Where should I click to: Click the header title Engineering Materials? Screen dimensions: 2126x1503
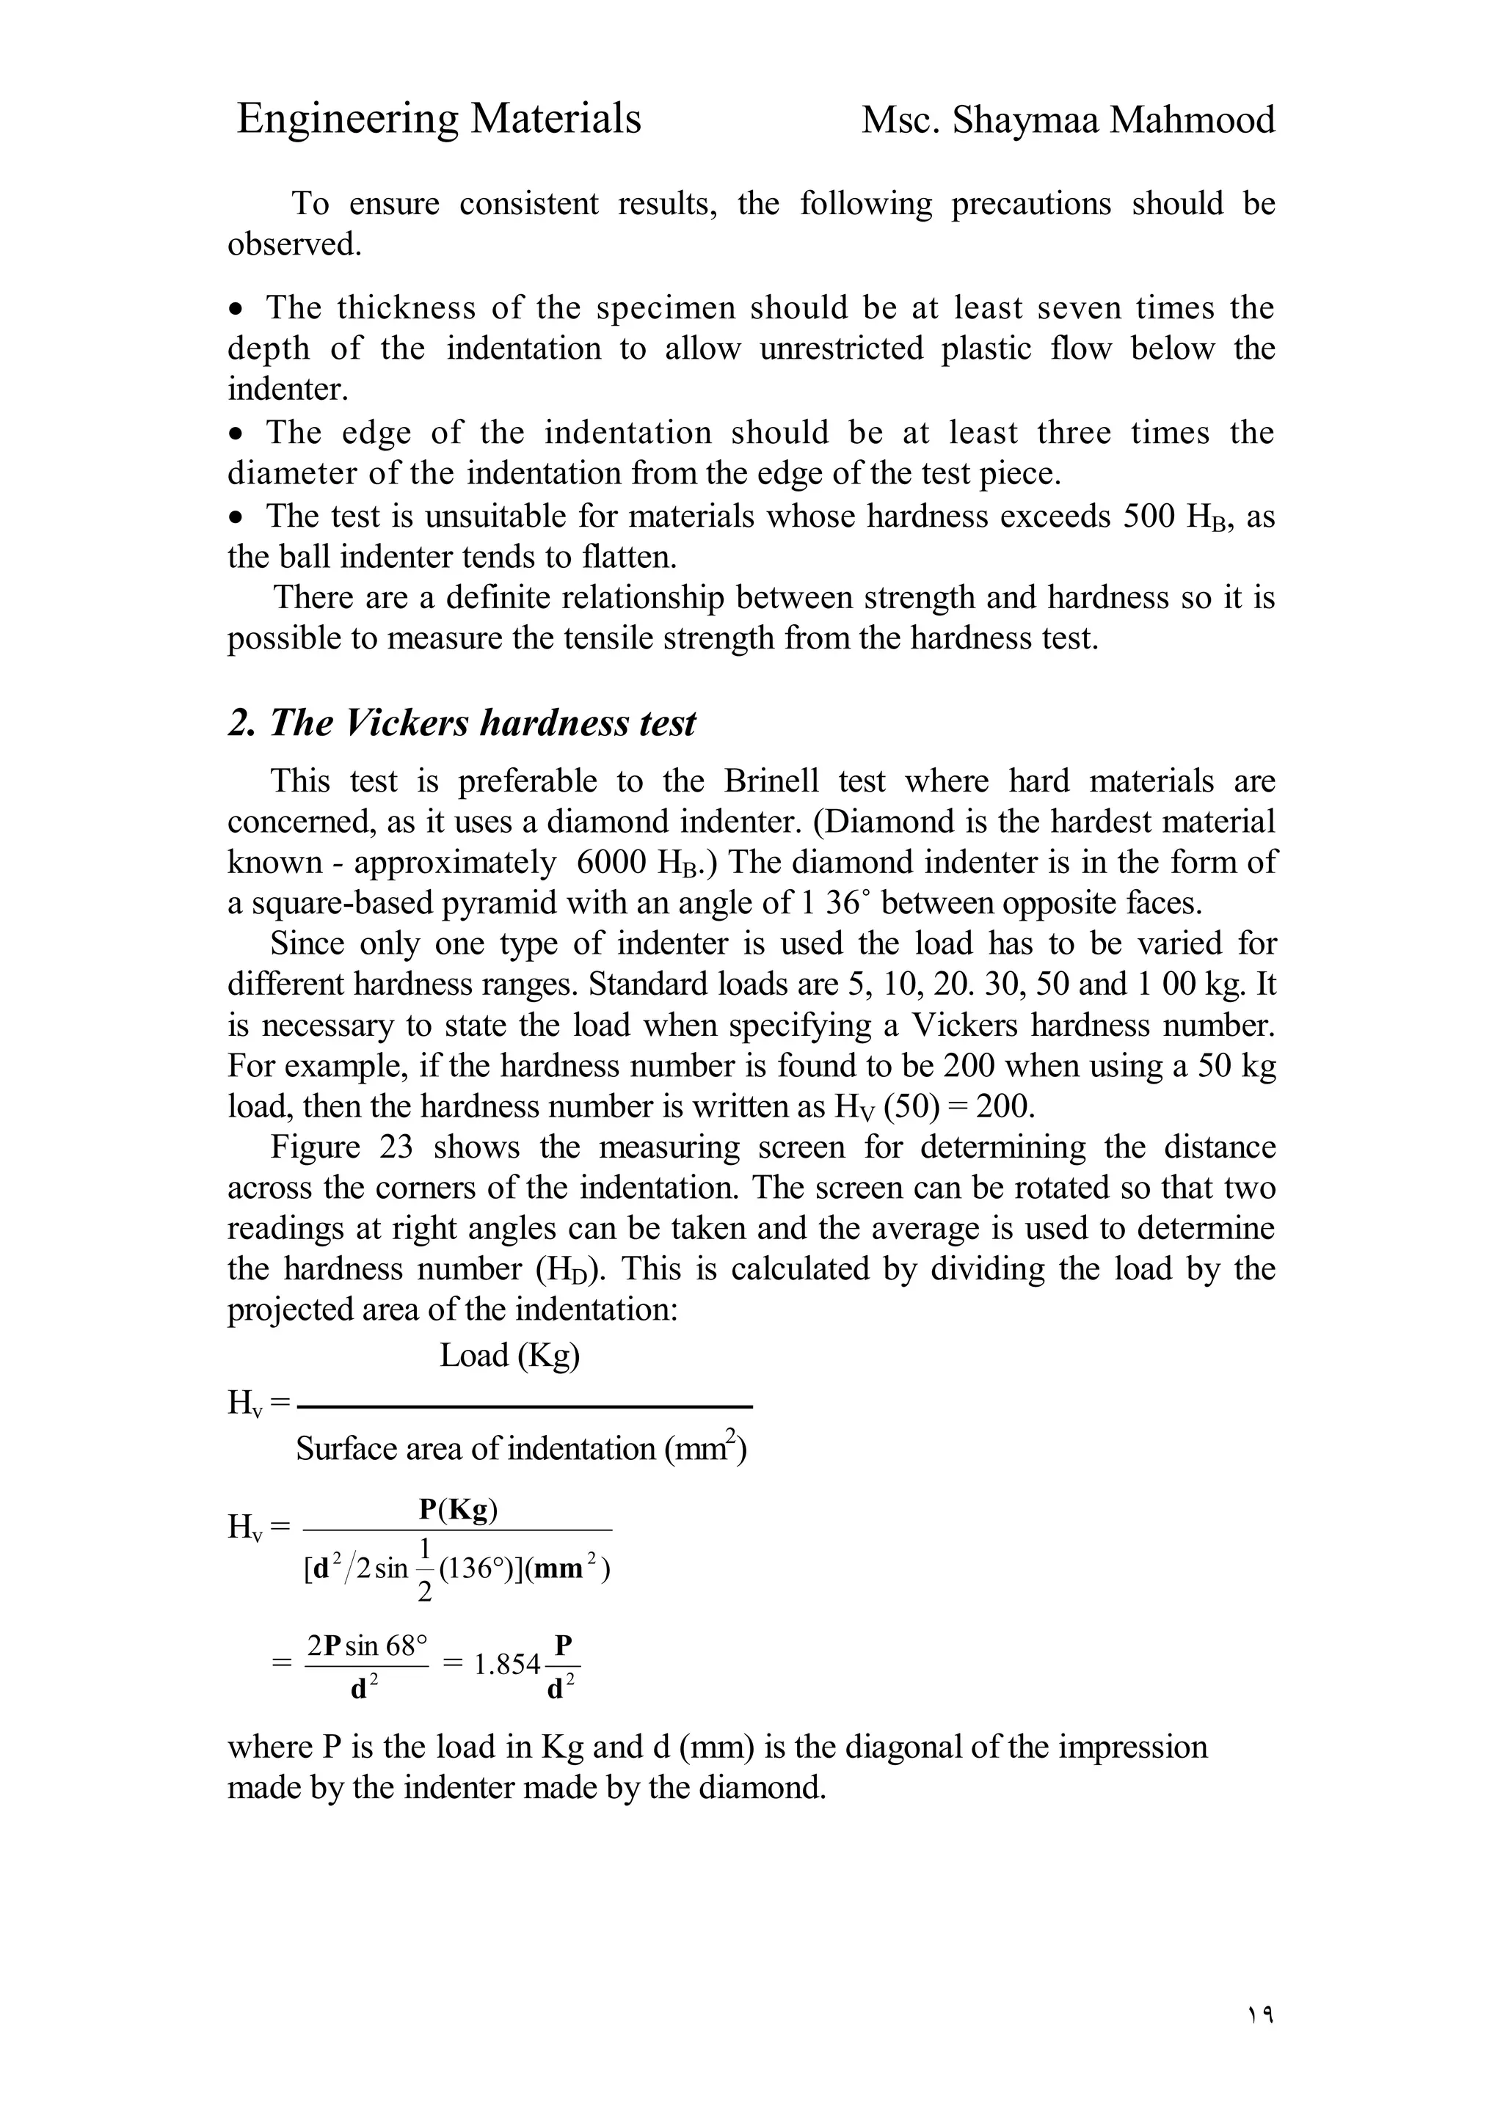438,120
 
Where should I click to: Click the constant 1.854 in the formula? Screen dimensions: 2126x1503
506,1664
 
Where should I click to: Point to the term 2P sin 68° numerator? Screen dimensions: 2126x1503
367,1645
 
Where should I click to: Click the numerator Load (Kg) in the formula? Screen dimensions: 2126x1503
509,1356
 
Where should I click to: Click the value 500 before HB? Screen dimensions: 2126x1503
1149,516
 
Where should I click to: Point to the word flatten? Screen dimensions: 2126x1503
628,558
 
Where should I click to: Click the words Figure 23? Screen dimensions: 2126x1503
341,1147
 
